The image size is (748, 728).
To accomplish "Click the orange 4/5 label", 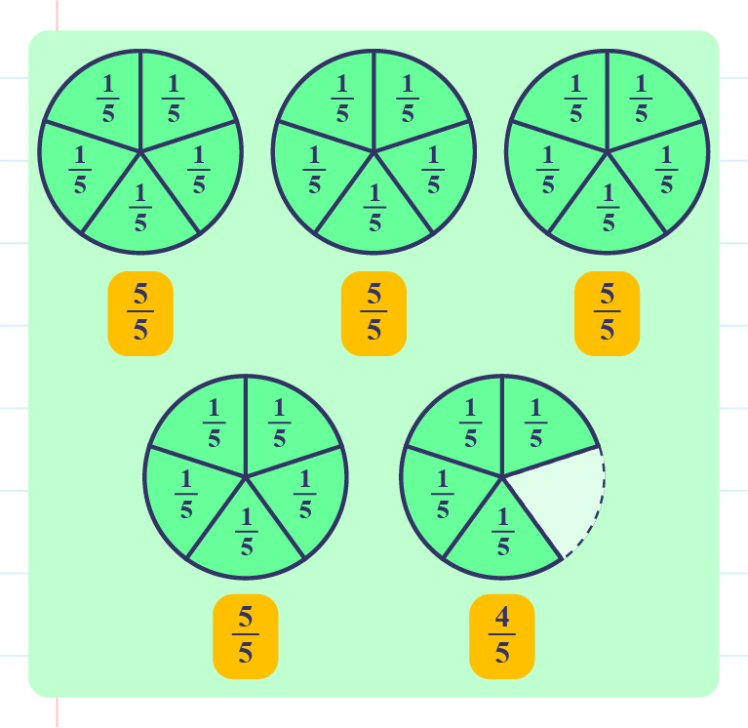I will coord(502,635).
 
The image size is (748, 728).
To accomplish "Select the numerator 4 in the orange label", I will coord(502,619).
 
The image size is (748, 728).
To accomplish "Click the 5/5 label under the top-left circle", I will coord(140,312).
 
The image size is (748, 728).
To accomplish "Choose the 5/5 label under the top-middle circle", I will coord(374,312).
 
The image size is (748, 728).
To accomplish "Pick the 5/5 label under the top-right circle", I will coord(607,312).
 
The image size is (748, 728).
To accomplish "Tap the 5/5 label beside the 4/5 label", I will coord(246,635).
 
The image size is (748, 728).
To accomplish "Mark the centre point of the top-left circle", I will coord(140,152).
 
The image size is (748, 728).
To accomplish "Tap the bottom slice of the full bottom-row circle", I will coord(246,533).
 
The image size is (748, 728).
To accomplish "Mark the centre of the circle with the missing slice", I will coord(502,477).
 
